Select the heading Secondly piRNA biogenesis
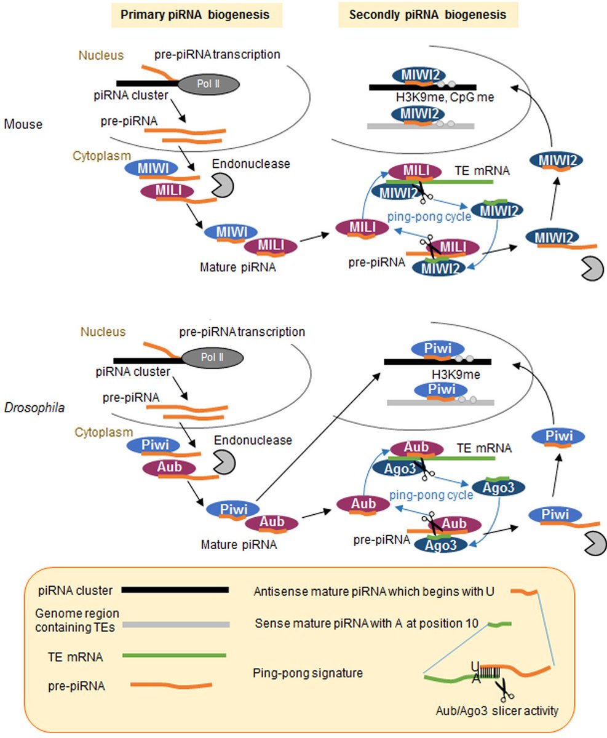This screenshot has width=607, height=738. tap(427, 15)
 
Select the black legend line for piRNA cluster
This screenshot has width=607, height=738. tap(175, 590)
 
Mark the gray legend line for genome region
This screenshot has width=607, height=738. tap(176, 624)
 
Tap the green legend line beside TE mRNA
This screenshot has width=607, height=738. tap(175, 656)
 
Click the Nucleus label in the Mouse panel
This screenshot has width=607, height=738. tap(101, 55)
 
